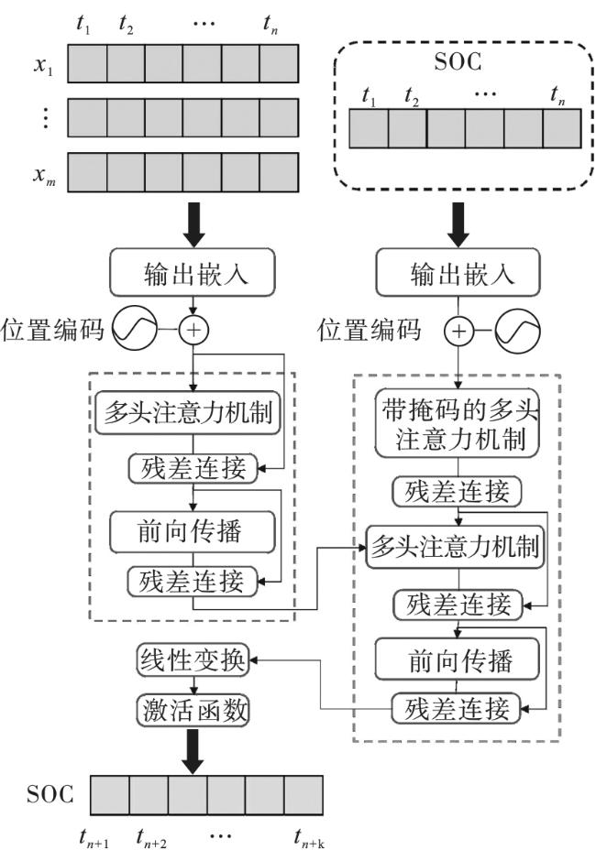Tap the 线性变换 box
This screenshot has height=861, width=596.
pyautogui.click(x=193, y=659)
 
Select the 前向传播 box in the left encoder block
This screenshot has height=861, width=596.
pyautogui.click(x=193, y=530)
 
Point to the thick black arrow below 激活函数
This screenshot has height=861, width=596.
pyautogui.click(x=193, y=746)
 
